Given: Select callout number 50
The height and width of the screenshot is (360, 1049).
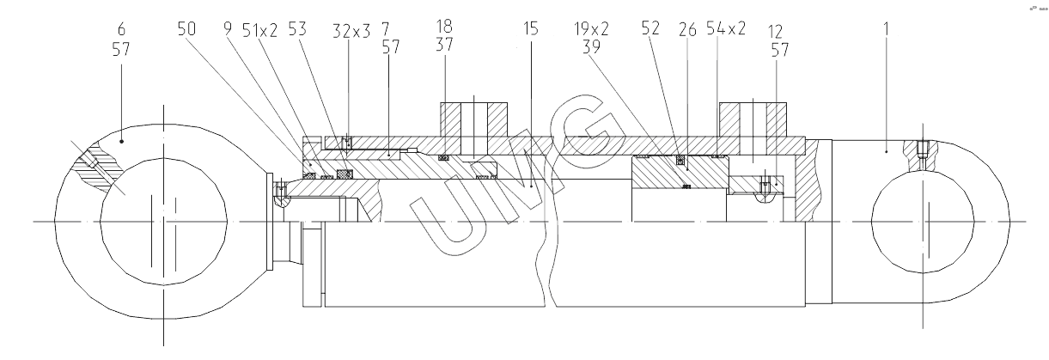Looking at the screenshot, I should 187,28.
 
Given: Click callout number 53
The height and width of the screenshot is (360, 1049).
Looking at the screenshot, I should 296,28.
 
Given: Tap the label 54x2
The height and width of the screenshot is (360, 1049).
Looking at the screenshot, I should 727,28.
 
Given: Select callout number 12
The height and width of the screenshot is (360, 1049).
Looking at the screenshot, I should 776,32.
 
